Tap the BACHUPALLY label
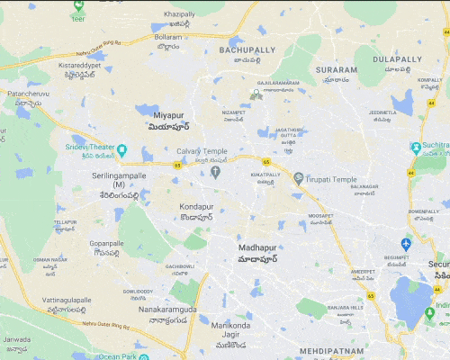[x=249, y=50]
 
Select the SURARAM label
[x=337, y=68]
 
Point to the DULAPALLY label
[x=398, y=58]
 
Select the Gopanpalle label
[x=106, y=243]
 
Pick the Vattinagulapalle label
[x=70, y=300]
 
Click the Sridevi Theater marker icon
[x=121, y=149]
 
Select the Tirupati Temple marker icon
[x=298, y=179]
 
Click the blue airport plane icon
[x=406, y=244]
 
